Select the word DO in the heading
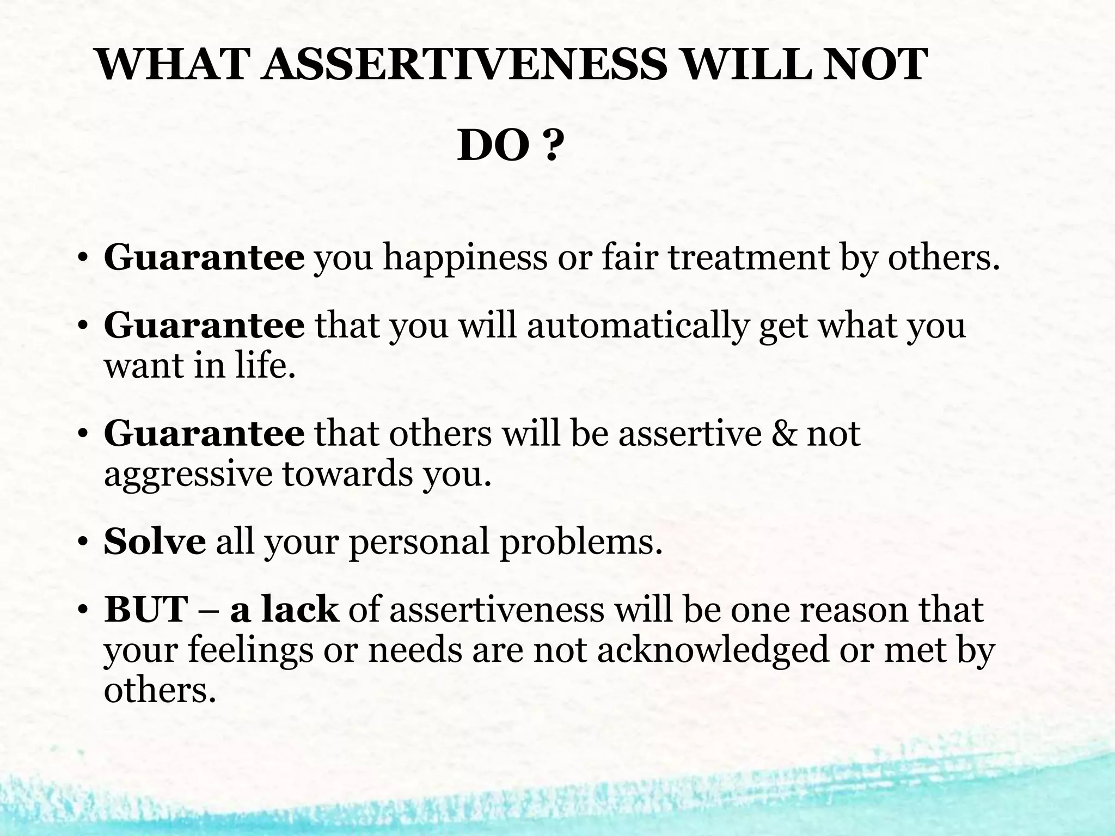pos(492,147)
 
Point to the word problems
pos(581,543)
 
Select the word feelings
pos(251,651)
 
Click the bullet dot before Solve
pos(82,543)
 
